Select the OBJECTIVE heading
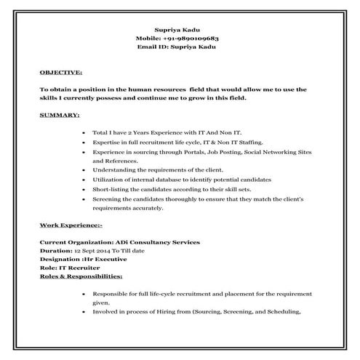click(61, 73)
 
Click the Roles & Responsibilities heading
click(81, 276)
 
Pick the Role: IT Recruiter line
click(67, 268)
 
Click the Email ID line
click(180, 46)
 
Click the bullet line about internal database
click(182, 180)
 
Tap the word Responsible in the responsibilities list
click(109, 294)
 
